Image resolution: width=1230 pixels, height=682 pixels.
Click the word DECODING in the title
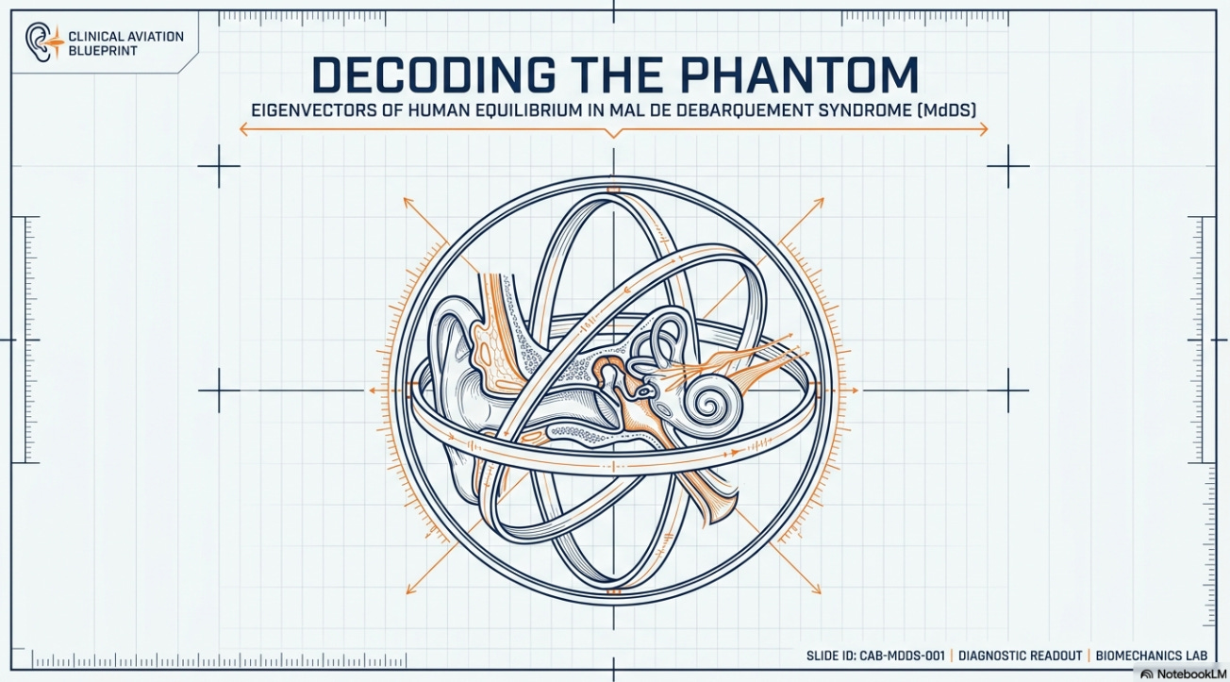(x=433, y=75)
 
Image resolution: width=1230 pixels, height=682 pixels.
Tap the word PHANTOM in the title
(x=800, y=75)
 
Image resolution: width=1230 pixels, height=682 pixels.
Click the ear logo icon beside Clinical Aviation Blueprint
(x=42, y=42)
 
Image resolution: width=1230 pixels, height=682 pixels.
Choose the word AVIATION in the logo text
(x=155, y=37)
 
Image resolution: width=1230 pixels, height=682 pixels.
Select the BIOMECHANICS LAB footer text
(x=1152, y=656)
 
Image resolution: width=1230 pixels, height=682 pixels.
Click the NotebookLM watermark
(x=1183, y=674)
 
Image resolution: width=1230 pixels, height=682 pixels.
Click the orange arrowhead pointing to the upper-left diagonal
(x=408, y=202)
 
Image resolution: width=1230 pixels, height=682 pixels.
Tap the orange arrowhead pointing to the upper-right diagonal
(x=819, y=203)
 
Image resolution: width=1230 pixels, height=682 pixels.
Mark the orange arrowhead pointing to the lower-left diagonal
(x=410, y=589)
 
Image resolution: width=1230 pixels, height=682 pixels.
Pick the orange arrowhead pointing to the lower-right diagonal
(x=816, y=589)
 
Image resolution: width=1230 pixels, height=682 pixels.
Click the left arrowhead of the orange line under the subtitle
(x=243, y=129)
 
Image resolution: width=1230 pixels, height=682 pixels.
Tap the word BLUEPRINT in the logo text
(x=103, y=51)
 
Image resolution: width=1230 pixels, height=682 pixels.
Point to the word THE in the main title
(x=618, y=75)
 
